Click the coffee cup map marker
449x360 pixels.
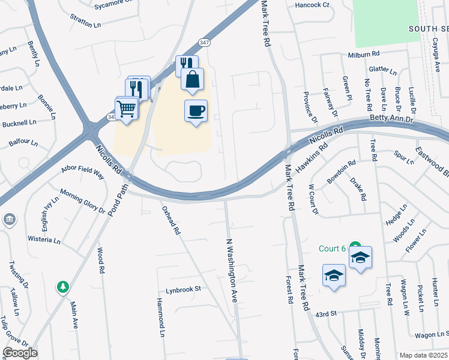[x=196, y=111]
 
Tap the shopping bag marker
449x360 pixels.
[x=192, y=79]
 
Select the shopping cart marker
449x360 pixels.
[x=127, y=109]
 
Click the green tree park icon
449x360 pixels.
[x=62, y=287]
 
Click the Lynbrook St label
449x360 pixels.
[x=183, y=289]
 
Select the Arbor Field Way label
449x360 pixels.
[x=83, y=173]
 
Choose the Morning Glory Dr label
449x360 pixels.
[x=82, y=203]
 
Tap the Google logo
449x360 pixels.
[x=20, y=353]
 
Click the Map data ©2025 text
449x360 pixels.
[x=423, y=355]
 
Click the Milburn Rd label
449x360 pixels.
[x=365, y=55]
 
